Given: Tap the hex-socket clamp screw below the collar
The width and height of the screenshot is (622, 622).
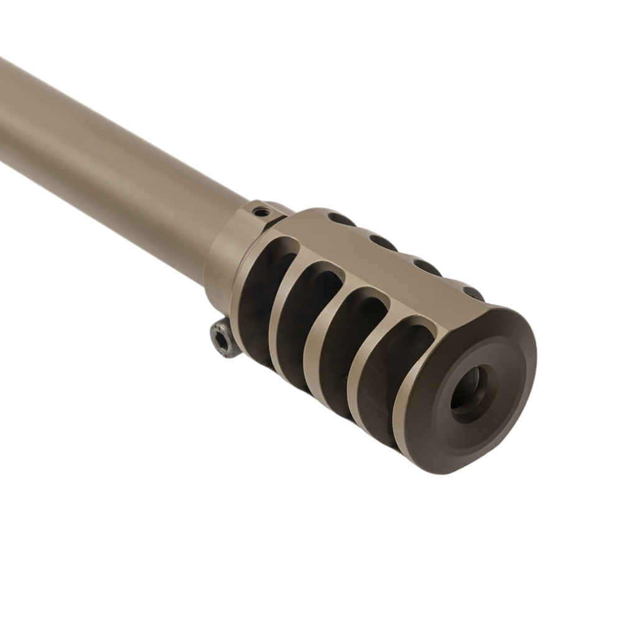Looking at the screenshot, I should (x=225, y=338).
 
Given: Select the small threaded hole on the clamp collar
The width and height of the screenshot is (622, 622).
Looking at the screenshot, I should (x=262, y=212).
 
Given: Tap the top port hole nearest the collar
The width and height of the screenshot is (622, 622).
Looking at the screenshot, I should (x=341, y=220).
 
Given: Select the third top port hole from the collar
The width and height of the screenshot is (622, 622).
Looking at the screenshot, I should (x=427, y=267).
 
